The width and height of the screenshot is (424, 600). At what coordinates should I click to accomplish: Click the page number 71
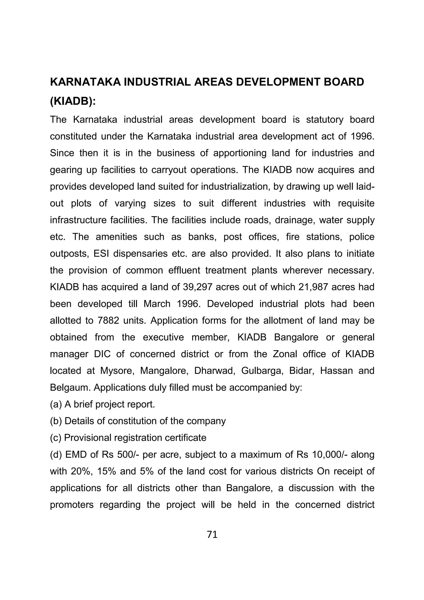(x=212, y=535)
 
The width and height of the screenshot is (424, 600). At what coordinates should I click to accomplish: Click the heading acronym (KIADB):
(x=73, y=101)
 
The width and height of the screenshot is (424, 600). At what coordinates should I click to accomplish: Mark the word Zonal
(x=285, y=354)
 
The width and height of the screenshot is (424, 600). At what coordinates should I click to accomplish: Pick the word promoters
(x=72, y=504)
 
